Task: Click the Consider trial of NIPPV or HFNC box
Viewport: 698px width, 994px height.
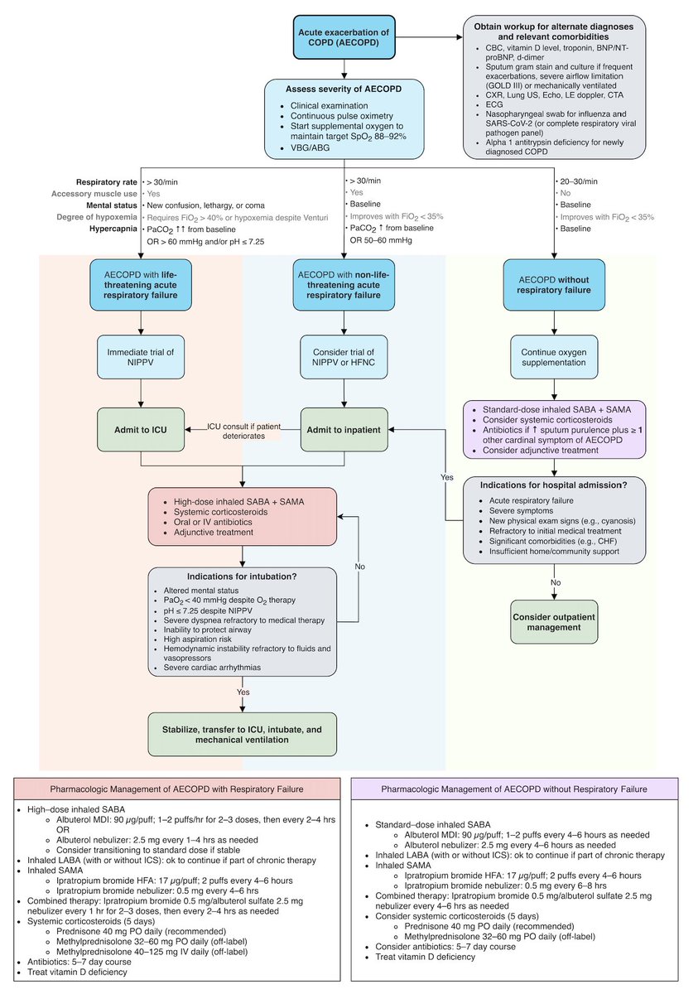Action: [344, 359]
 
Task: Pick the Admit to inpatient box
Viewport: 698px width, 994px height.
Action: [344, 428]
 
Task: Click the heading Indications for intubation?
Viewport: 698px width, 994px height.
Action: [243, 577]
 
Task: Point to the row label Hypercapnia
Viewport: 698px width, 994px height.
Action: [114, 228]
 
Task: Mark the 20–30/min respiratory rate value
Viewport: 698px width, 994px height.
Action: [577, 181]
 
